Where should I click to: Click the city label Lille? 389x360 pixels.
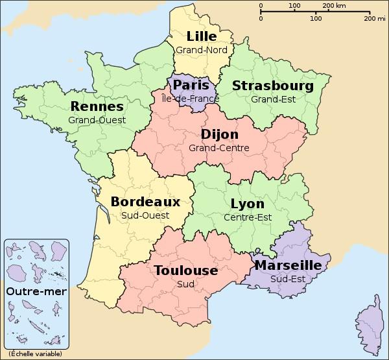(202, 36)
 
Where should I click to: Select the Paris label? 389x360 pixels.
(191, 86)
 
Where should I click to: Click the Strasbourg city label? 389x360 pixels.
(272, 86)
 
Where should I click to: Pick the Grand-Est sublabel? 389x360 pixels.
(272, 99)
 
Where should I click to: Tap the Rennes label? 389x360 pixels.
(97, 106)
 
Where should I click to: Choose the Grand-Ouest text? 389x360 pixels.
(97, 119)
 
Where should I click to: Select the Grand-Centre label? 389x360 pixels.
(219, 148)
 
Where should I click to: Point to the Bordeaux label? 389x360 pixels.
(145, 202)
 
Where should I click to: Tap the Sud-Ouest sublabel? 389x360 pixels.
(145, 215)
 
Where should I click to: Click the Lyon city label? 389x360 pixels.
(247, 204)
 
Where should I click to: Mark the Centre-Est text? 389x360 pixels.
(247, 217)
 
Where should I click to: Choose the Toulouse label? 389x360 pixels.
(185, 270)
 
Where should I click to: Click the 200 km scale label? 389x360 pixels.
(333, 6)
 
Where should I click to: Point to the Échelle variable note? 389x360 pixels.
(36, 354)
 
